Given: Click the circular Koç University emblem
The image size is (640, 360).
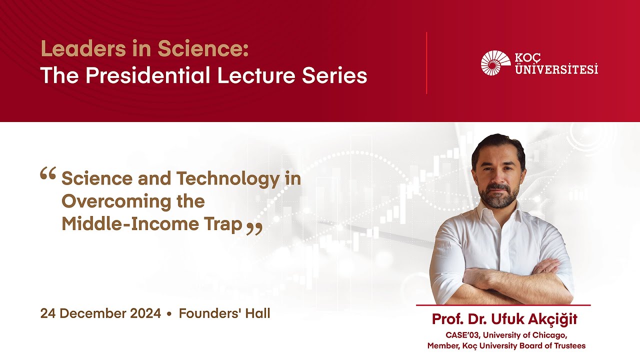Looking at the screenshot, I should click(495, 63).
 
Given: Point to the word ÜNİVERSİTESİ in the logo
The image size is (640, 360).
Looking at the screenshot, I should click(556, 69).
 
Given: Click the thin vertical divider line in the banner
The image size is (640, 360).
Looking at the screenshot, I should click(426, 63).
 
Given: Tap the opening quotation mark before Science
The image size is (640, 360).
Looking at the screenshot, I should click(47, 173).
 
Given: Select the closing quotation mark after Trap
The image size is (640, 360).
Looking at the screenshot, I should click(254, 228).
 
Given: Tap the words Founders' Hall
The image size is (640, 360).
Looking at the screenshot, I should click(224, 314).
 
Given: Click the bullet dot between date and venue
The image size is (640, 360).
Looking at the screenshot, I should click(169, 314).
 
